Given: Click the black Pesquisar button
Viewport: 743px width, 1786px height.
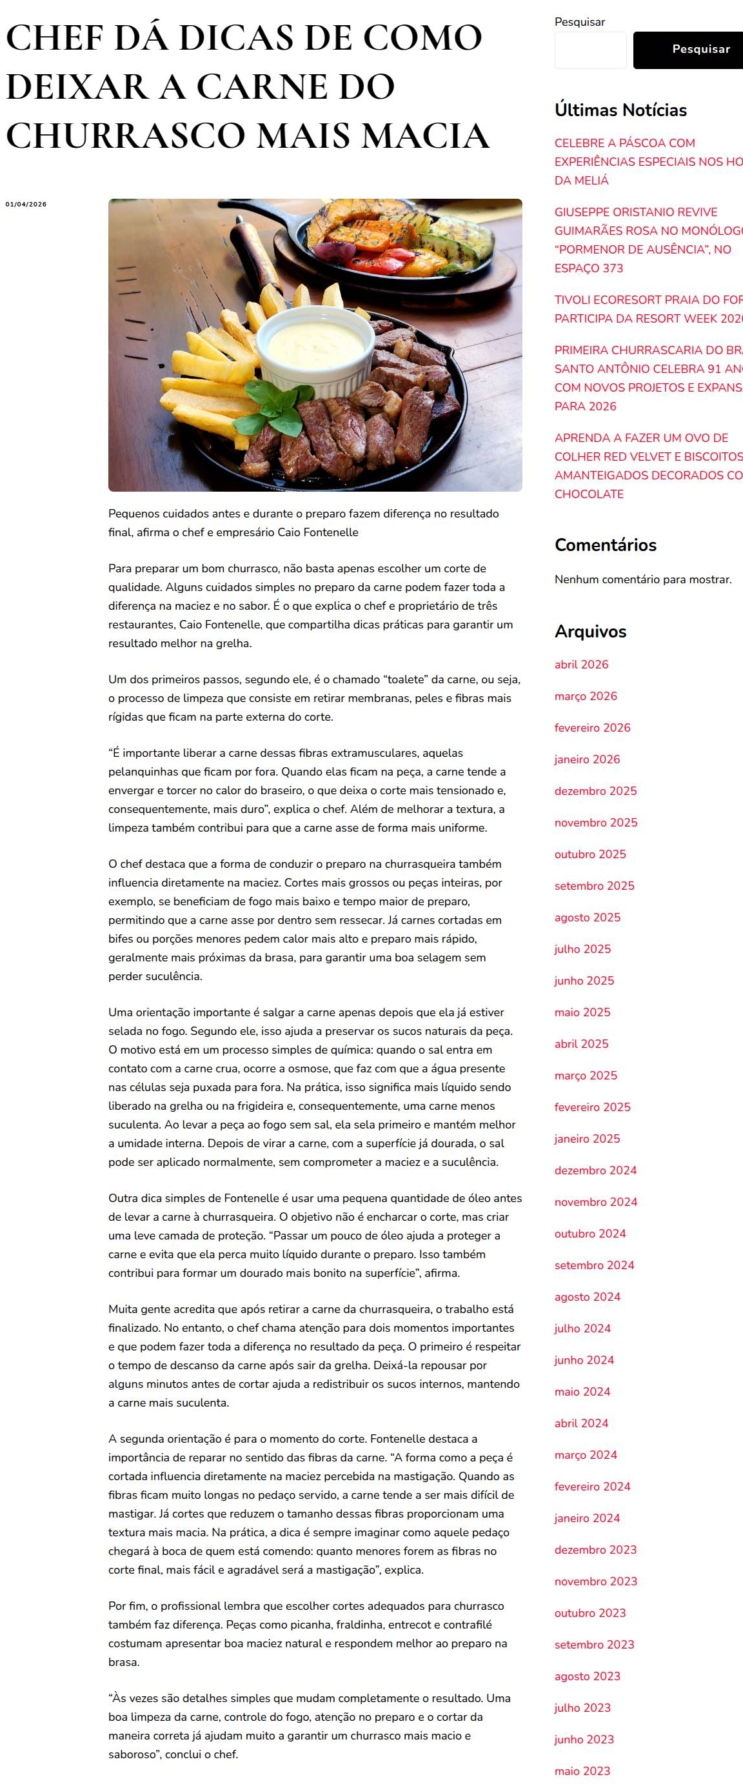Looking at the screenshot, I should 693,49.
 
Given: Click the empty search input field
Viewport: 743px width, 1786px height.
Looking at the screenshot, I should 590,50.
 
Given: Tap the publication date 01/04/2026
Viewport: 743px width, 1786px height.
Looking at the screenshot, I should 26,205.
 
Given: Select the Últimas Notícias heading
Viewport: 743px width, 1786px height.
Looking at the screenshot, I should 620,110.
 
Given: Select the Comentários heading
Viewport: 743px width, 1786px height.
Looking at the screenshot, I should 605,545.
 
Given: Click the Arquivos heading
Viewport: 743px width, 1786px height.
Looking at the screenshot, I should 590,632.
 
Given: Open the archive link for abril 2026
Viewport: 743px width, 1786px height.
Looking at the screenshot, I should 581,664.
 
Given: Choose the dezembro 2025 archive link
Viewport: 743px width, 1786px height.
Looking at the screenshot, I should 595,791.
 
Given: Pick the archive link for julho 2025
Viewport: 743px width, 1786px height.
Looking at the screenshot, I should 582,949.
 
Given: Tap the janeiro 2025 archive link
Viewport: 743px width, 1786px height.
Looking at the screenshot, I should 587,1138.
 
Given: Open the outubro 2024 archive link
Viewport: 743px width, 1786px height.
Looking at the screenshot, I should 590,1234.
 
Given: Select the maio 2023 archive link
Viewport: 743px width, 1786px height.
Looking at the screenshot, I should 582,1771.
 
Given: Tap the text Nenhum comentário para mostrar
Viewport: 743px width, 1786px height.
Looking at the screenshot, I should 642,579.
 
